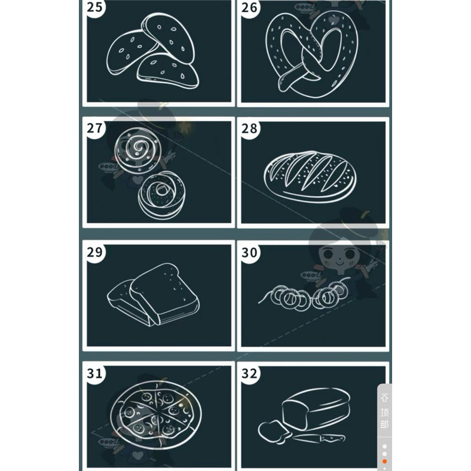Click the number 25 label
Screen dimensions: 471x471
coord(95,7)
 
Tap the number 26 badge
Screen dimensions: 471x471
coord(249,7)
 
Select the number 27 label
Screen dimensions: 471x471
coord(95,128)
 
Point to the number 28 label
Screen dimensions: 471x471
coord(249,128)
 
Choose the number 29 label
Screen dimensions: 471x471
coord(95,253)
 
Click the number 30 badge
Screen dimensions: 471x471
coord(249,253)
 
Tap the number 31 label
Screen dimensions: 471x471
coord(95,373)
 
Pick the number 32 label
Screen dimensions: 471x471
coord(249,374)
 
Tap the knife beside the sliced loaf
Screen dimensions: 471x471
coord(319,438)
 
